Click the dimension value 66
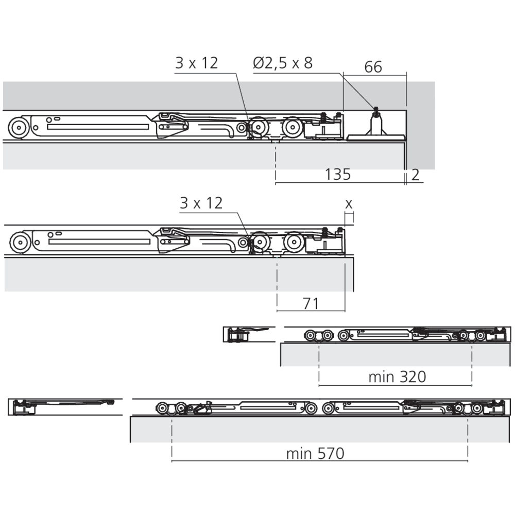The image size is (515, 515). [x=373, y=67]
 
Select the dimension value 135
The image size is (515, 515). [x=338, y=175]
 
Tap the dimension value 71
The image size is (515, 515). [x=311, y=303]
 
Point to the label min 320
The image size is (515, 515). [x=397, y=377]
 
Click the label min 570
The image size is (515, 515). [x=315, y=454]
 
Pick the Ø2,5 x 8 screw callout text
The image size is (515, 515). [x=283, y=63]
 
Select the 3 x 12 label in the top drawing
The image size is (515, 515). [x=196, y=63]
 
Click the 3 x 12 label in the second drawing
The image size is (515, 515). [x=201, y=203]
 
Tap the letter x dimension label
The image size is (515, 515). [x=349, y=204]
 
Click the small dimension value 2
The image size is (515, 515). [x=415, y=175]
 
